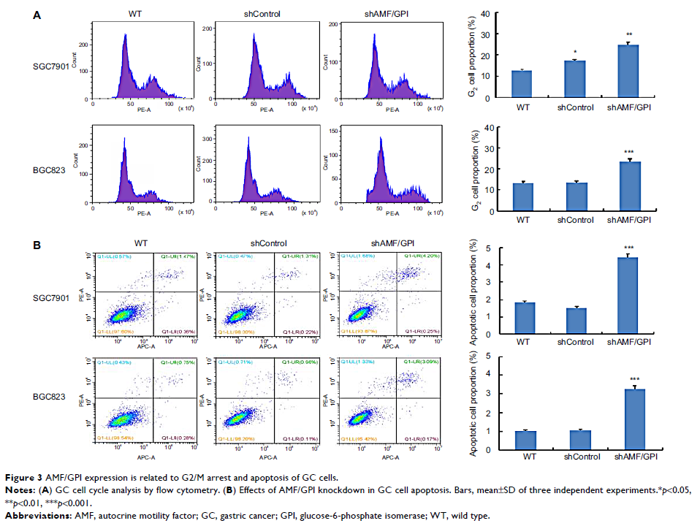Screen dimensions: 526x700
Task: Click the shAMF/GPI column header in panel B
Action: pyautogui.click(x=386, y=244)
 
